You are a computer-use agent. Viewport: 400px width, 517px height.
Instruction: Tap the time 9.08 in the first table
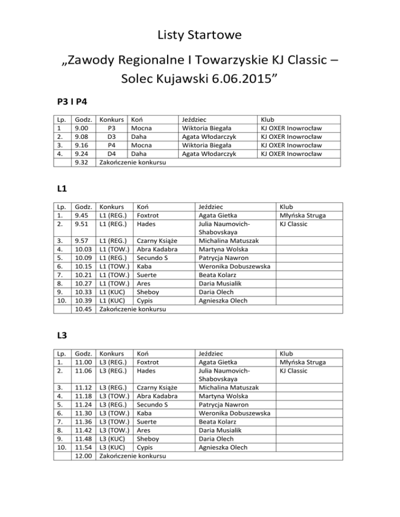pos(82,136)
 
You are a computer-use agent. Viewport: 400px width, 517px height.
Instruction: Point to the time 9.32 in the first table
pos(82,162)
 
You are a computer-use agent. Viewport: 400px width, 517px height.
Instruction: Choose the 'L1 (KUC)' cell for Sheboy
pos(112,292)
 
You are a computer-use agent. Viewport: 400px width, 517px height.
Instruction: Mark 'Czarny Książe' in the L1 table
pos(157,241)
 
